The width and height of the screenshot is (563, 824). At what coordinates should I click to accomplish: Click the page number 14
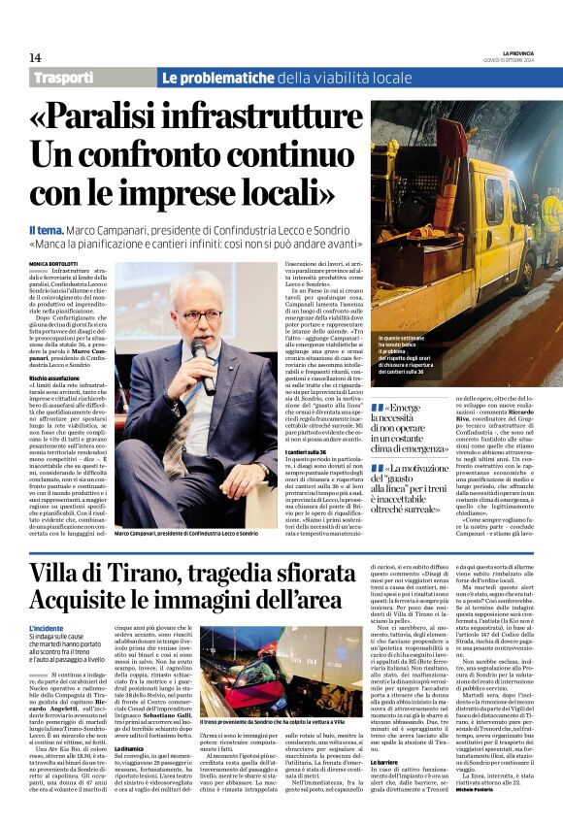(x=35, y=58)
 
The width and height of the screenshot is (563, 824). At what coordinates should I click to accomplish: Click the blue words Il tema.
(x=49, y=228)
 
